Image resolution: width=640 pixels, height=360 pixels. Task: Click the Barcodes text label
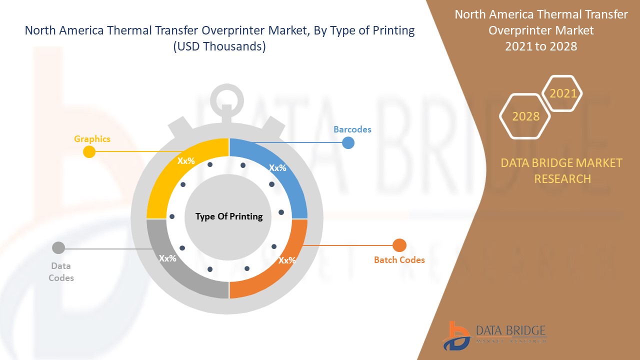pyautogui.click(x=352, y=129)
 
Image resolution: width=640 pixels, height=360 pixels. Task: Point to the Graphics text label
pyautogui.click(x=92, y=139)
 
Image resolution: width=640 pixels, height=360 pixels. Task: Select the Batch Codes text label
pyautogui.click(x=399, y=260)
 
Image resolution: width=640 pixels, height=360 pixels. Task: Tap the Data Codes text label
pyautogui.click(x=61, y=272)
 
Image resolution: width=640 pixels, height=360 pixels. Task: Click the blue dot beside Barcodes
pyautogui.click(x=348, y=143)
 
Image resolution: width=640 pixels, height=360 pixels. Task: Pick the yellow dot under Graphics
pyautogui.click(x=89, y=152)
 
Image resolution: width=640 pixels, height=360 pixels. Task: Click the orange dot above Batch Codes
pyautogui.click(x=399, y=245)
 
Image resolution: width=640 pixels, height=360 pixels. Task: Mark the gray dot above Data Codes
pyautogui.click(x=58, y=247)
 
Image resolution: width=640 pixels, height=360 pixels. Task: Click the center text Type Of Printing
pyautogui.click(x=229, y=216)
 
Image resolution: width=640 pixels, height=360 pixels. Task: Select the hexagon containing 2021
pyautogui.click(x=563, y=93)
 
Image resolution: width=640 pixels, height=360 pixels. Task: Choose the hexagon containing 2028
pyautogui.click(x=525, y=116)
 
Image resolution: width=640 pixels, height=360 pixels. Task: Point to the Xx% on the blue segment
pyautogui.click(x=277, y=168)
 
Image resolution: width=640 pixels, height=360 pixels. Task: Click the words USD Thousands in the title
pyautogui.click(x=219, y=46)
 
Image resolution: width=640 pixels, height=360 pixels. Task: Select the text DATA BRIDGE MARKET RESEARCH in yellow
pyautogui.click(x=562, y=170)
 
